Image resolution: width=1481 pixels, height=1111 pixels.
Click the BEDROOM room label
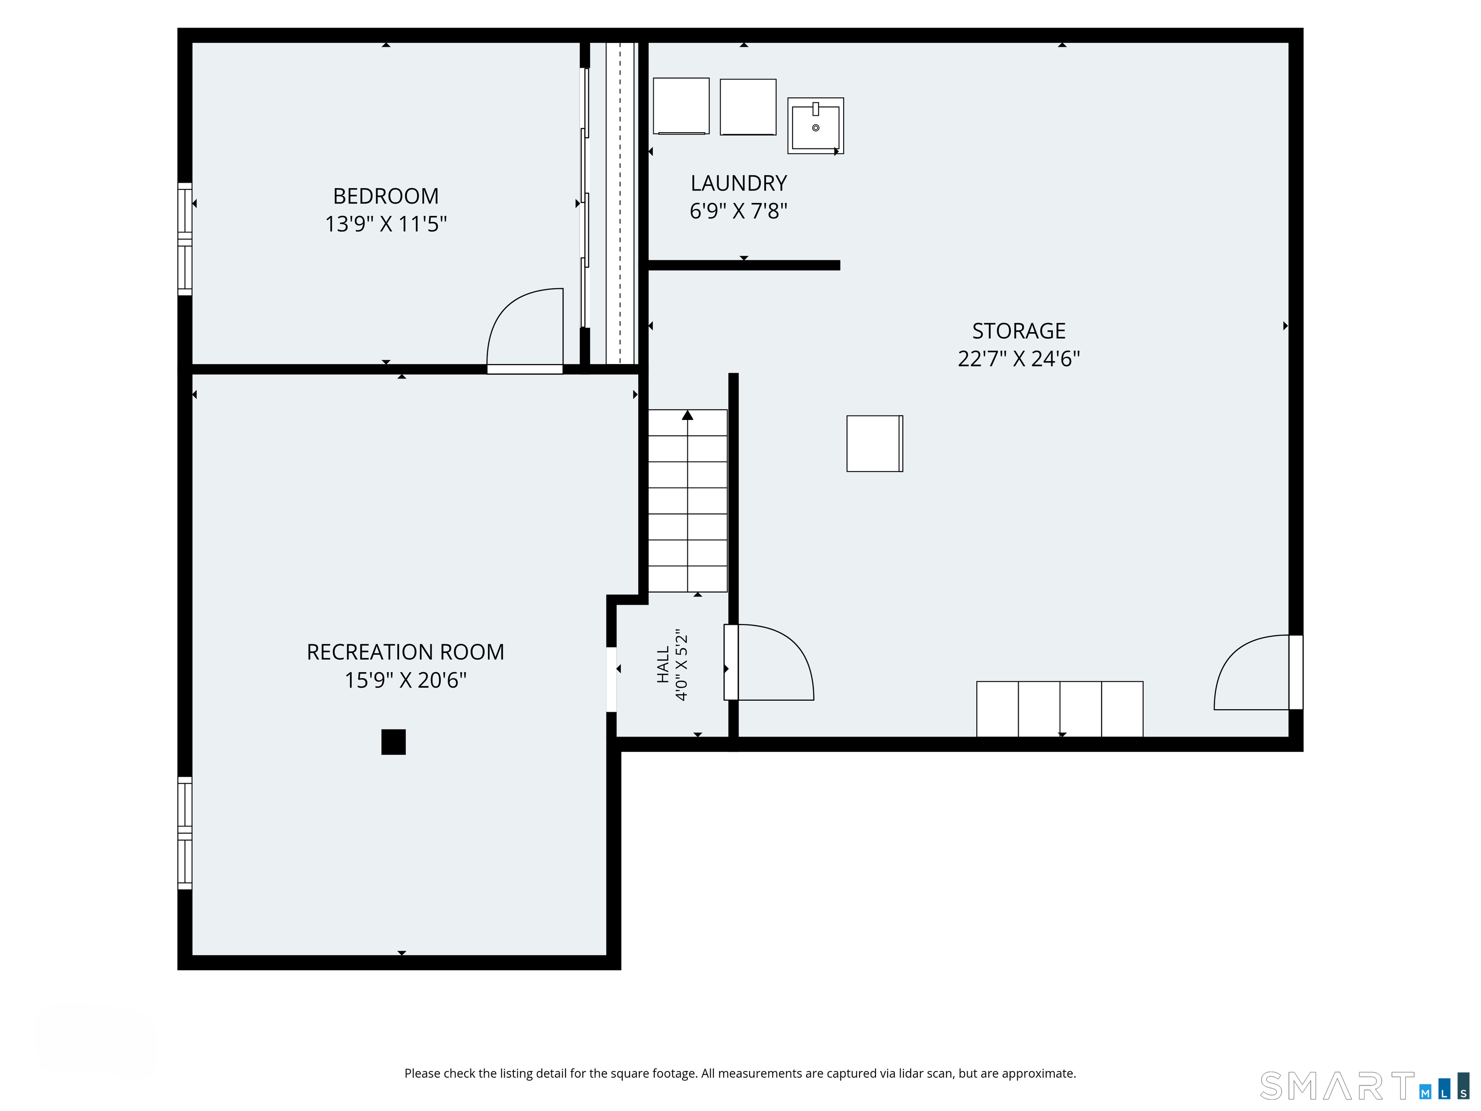(386, 196)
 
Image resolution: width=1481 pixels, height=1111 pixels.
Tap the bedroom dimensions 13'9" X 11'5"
(386, 224)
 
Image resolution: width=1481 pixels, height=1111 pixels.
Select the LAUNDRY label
(739, 183)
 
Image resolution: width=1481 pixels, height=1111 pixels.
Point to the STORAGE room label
(1018, 331)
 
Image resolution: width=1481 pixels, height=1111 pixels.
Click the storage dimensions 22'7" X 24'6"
(1018, 359)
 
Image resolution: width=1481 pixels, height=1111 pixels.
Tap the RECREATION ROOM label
(405, 651)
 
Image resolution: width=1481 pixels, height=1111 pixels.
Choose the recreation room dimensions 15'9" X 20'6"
(405, 680)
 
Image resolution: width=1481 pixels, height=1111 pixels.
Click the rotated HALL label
(663, 664)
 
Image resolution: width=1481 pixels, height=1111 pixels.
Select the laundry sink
(816, 126)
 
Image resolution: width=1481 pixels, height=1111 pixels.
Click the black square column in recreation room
(394, 742)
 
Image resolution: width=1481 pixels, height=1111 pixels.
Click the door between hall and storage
(768, 663)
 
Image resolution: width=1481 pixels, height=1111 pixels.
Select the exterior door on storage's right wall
(1259, 672)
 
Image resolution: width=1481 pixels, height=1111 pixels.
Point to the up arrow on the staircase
(687, 415)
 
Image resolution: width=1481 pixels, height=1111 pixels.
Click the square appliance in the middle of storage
(875, 443)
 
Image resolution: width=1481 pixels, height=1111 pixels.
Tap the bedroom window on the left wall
(185, 238)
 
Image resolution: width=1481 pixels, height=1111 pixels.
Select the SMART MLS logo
(1364, 1086)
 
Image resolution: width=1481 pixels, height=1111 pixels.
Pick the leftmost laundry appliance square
(681, 106)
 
